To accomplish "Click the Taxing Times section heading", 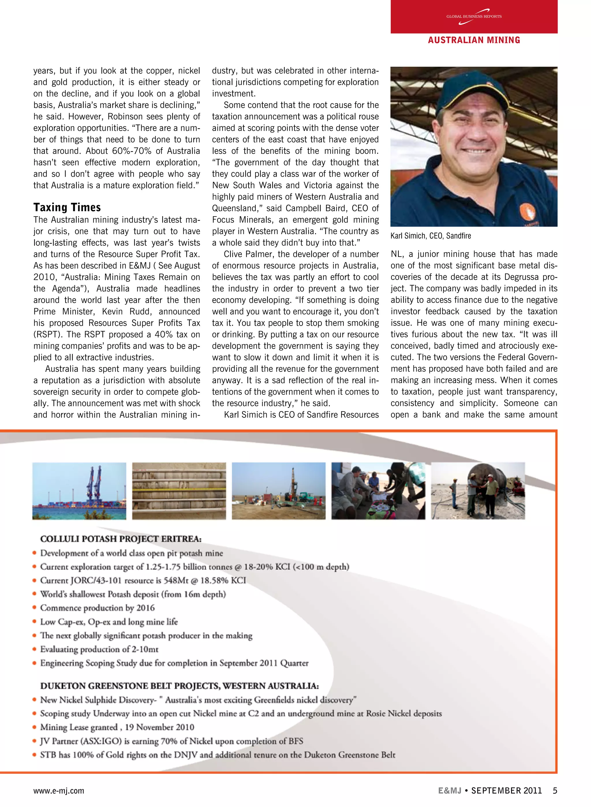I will pyautogui.click(x=67, y=208).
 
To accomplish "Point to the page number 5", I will pyautogui.click(x=555, y=791).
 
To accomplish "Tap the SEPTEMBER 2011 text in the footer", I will pyautogui.click(x=506, y=791).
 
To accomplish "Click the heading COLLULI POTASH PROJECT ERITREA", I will pyautogui.click(x=121, y=539).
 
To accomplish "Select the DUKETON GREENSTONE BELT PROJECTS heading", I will pyautogui.click(x=179, y=686).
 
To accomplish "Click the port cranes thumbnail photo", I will pyautogui.click(x=79, y=491).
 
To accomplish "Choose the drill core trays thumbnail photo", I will pyautogui.click(x=179, y=491).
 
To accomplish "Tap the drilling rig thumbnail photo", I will pyautogui.click(x=279, y=491).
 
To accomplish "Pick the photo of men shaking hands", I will pyautogui.click(x=478, y=491).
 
